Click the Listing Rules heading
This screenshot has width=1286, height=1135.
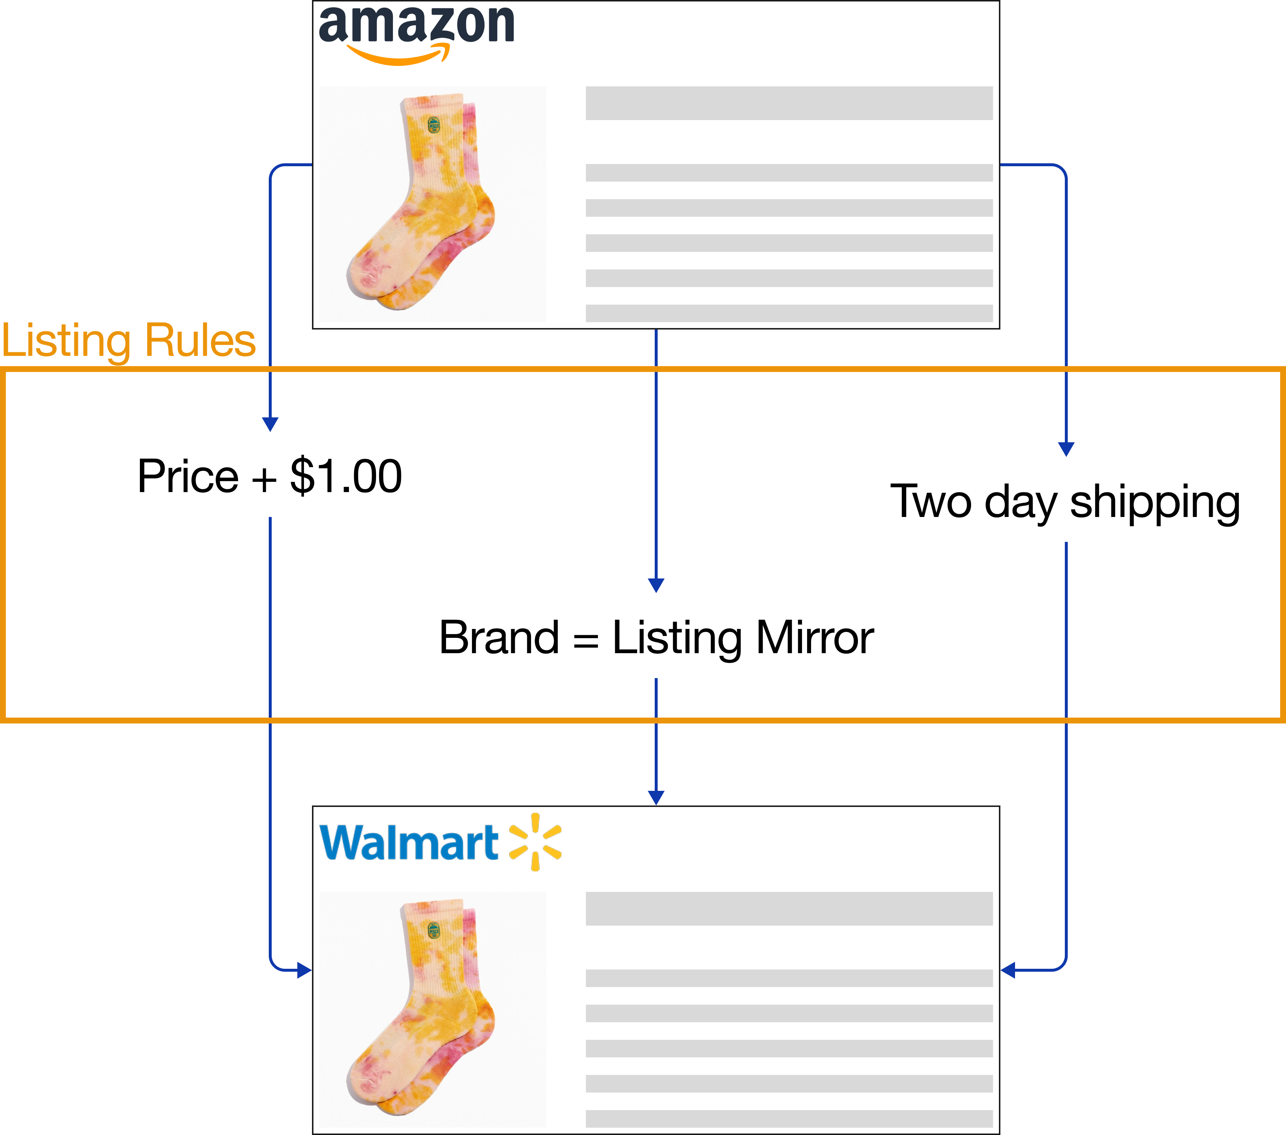click(x=129, y=342)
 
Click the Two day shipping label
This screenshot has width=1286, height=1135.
click(x=1065, y=502)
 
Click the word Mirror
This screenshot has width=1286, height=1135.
click(x=815, y=637)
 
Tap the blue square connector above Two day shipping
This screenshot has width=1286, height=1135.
click(x=1066, y=449)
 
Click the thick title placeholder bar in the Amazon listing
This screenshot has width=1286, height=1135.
click(x=789, y=103)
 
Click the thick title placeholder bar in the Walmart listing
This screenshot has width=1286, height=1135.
click(x=789, y=908)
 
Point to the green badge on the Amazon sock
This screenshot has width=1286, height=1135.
click(x=434, y=125)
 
